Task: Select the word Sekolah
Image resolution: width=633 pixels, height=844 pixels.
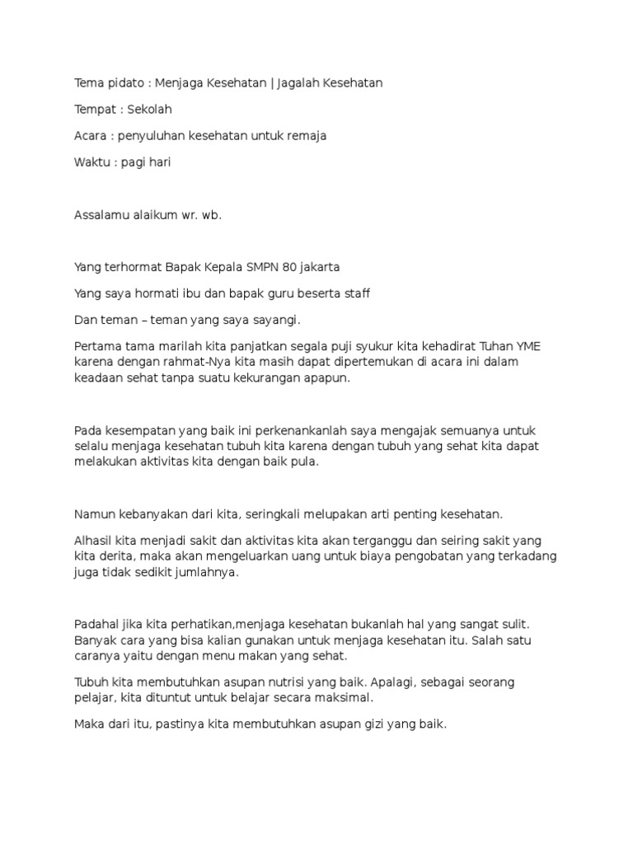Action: click(x=149, y=110)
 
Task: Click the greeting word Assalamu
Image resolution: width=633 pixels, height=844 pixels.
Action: click(x=102, y=215)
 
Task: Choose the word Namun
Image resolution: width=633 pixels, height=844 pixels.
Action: click(x=92, y=514)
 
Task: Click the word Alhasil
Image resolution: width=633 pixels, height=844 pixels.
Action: click(x=93, y=541)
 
